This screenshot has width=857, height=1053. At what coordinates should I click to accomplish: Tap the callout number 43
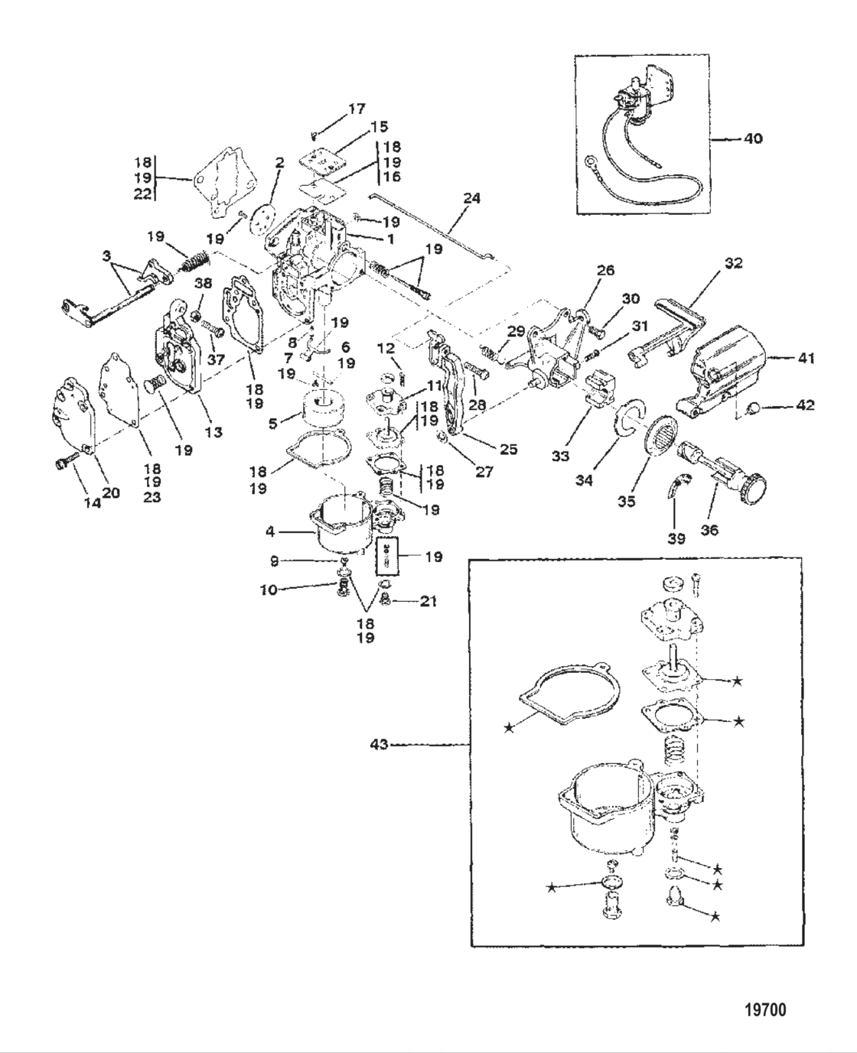[380, 743]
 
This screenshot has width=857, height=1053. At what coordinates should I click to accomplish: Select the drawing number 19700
[764, 1010]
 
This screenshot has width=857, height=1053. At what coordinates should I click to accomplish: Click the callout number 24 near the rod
[472, 198]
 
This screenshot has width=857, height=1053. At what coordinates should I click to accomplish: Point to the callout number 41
[806, 357]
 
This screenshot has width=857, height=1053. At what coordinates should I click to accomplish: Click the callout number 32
[733, 263]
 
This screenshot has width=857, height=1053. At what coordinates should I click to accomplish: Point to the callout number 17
[357, 109]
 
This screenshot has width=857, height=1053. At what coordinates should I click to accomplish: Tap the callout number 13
[213, 432]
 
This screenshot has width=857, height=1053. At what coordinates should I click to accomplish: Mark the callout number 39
[676, 538]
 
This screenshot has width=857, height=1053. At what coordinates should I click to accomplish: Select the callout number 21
[428, 602]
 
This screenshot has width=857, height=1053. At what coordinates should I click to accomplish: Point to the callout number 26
[605, 270]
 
